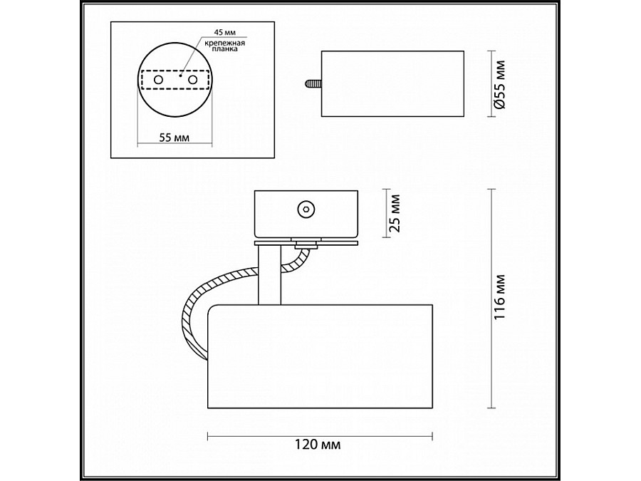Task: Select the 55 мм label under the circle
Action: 174,138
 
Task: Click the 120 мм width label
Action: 318,445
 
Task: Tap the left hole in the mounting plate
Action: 157,81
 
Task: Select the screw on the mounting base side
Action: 306,209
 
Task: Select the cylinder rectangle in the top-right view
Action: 392,83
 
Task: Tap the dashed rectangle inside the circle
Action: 174,72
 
